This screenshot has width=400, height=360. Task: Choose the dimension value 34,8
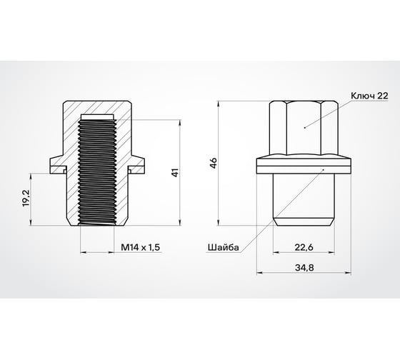[x=303, y=268]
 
